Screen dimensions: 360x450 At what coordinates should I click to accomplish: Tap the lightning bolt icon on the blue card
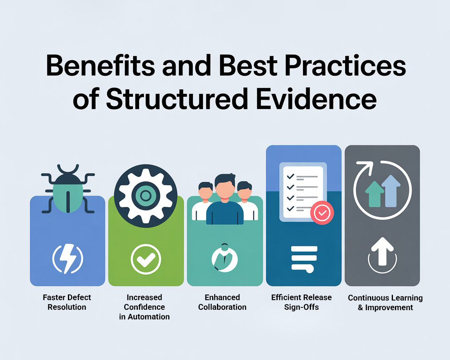pos(67,260)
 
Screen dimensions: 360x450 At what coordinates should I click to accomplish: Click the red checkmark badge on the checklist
pos(322,214)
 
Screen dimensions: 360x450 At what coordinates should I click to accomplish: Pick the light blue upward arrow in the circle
pos(391,190)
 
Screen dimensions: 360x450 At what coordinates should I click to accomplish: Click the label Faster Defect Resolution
pos(67,302)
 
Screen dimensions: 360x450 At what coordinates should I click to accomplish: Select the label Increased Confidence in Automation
pos(144,307)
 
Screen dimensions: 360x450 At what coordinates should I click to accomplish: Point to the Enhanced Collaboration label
pos(222,302)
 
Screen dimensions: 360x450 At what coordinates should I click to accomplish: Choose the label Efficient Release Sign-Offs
pos(301,302)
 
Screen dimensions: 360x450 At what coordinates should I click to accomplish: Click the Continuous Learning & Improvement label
pos(385,303)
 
